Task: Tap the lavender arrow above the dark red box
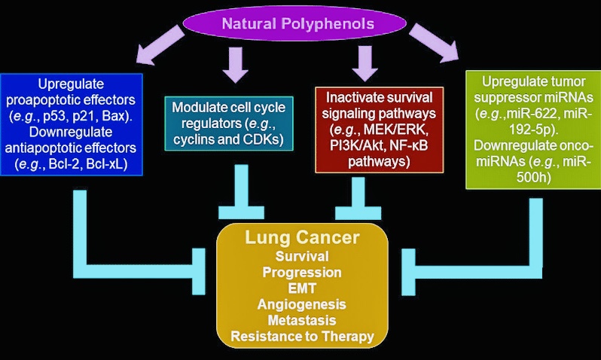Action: [367, 63]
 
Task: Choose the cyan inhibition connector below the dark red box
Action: [367, 192]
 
